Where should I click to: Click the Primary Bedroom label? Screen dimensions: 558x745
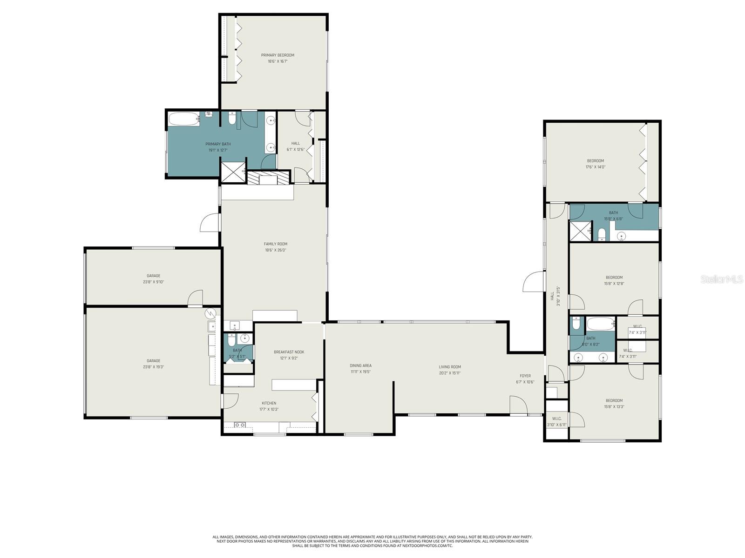pyautogui.click(x=278, y=55)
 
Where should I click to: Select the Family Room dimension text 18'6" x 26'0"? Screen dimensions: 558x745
pyautogui.click(x=276, y=250)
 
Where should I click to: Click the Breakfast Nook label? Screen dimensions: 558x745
pyautogui.click(x=289, y=352)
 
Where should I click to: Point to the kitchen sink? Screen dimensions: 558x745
pyautogui.click(x=240, y=425)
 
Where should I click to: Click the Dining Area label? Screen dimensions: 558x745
pyautogui.click(x=361, y=365)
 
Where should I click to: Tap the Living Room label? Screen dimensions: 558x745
pyautogui.click(x=450, y=367)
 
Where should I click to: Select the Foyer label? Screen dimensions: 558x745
pyautogui.click(x=525, y=376)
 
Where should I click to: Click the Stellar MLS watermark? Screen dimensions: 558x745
pyautogui.click(x=722, y=279)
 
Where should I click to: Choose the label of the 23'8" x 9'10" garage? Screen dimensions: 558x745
pyautogui.click(x=154, y=276)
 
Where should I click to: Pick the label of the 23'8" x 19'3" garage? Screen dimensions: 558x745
pyautogui.click(x=154, y=361)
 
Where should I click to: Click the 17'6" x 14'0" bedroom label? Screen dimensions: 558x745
pyautogui.click(x=596, y=161)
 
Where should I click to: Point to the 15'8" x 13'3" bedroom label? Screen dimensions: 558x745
pyautogui.click(x=614, y=400)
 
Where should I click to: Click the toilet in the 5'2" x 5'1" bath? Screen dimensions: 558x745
pyautogui.click(x=232, y=340)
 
